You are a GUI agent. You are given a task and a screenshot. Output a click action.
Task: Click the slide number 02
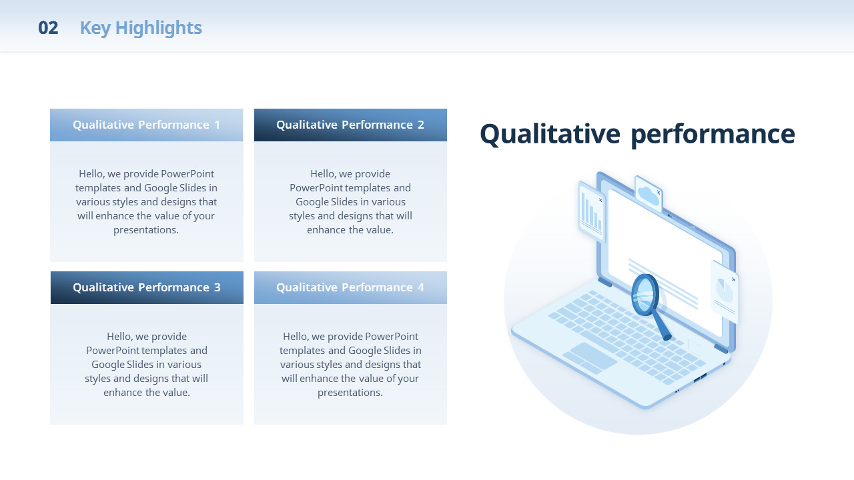pyautogui.click(x=48, y=28)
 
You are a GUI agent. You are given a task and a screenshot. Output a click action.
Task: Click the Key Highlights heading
pyautogui.click(x=141, y=28)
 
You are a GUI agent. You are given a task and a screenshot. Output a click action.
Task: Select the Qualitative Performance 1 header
pyautogui.click(x=146, y=125)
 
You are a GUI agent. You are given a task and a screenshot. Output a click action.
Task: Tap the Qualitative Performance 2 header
pyautogui.click(x=350, y=125)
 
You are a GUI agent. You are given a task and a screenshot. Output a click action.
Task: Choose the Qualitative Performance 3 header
pyautogui.click(x=147, y=287)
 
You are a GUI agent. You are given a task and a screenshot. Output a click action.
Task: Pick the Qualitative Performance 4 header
pyautogui.click(x=350, y=287)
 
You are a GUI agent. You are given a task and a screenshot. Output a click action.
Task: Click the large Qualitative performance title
pyautogui.click(x=637, y=134)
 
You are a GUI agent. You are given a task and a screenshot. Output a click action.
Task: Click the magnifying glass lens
pyautogui.click(x=645, y=295)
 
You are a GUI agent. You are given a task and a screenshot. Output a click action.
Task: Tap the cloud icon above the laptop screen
pyautogui.click(x=648, y=195)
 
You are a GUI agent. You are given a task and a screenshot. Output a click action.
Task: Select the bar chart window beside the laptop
pyautogui.click(x=591, y=211)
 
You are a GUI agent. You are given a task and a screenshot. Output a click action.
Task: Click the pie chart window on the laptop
pyautogui.click(x=725, y=292)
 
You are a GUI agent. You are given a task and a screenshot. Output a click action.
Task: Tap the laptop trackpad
pyautogui.click(x=590, y=358)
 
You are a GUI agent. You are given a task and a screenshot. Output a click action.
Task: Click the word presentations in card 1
pyautogui.click(x=146, y=230)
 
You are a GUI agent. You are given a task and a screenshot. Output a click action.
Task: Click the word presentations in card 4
pyautogui.click(x=350, y=393)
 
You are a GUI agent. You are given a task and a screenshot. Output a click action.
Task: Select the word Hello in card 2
pyautogui.click(x=322, y=174)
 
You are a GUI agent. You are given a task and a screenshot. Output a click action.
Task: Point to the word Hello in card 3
pyautogui.click(x=119, y=337)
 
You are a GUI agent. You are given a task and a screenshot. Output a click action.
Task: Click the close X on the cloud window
pyautogui.click(x=659, y=193)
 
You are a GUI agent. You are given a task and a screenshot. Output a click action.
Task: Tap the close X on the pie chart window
pyautogui.click(x=733, y=279)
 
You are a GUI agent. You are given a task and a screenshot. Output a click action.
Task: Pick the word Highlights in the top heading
pyautogui.click(x=159, y=28)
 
